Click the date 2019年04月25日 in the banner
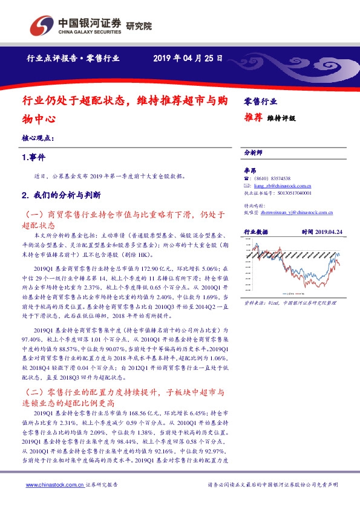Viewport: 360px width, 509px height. click(x=188, y=59)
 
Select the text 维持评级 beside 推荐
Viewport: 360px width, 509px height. click(x=282, y=119)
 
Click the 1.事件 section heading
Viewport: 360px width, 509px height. click(x=34, y=157)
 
